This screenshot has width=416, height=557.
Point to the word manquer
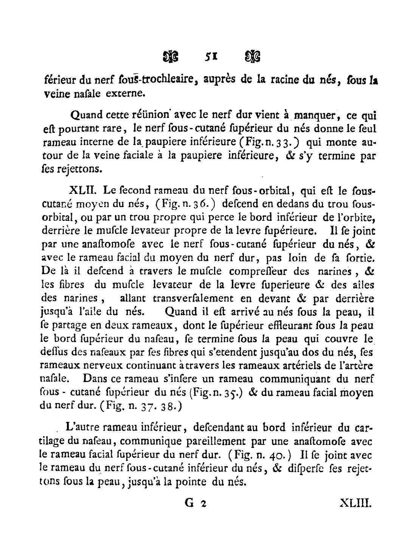tap(314, 114)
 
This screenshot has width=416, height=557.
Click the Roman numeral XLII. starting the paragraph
tap(78, 191)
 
